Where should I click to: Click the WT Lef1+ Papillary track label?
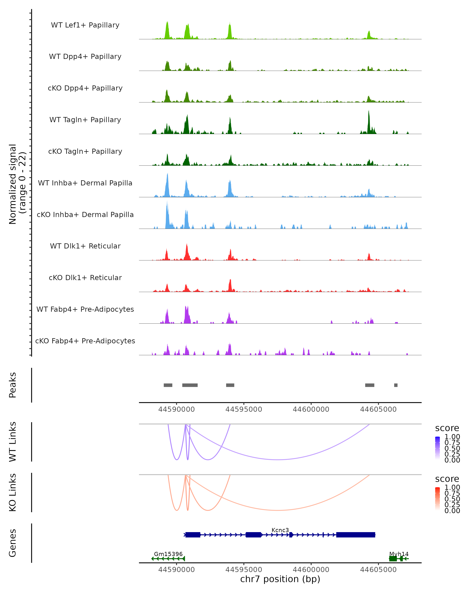click(x=85, y=25)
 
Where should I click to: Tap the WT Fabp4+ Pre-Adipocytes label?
click(x=85, y=309)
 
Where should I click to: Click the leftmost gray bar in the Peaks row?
click(x=168, y=385)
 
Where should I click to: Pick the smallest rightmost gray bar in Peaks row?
click(x=396, y=385)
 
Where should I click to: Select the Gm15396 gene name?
click(x=168, y=554)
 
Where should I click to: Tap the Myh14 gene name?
click(x=399, y=554)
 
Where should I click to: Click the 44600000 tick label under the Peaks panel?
click(x=311, y=409)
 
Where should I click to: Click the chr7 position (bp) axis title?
click(x=280, y=579)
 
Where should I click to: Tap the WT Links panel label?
click(x=13, y=442)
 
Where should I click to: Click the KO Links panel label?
click(x=13, y=492)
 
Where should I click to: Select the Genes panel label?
click(x=13, y=543)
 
